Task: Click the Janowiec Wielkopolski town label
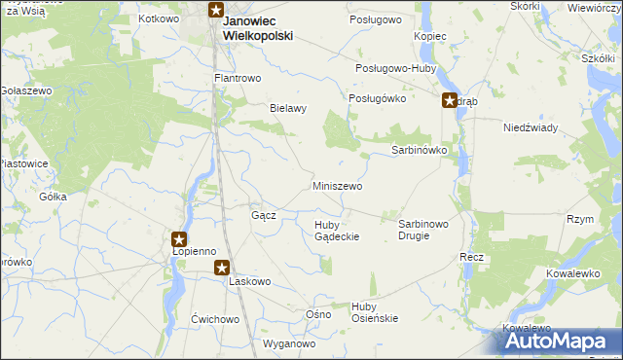(x=258, y=27)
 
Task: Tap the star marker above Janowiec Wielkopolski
(x=216, y=12)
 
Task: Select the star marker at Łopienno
(x=179, y=237)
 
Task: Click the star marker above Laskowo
(x=222, y=267)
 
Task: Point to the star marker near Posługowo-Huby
(x=449, y=99)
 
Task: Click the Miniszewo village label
(x=338, y=186)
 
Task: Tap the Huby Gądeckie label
(x=338, y=231)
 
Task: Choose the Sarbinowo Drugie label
(x=423, y=230)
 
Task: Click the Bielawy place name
(x=288, y=108)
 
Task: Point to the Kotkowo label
(x=161, y=18)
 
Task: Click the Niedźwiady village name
(x=530, y=127)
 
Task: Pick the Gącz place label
(x=264, y=215)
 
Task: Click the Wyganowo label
(x=290, y=343)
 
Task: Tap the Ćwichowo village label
(x=215, y=319)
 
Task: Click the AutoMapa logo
(x=558, y=342)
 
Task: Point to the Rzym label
(x=580, y=220)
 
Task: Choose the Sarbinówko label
(x=419, y=151)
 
